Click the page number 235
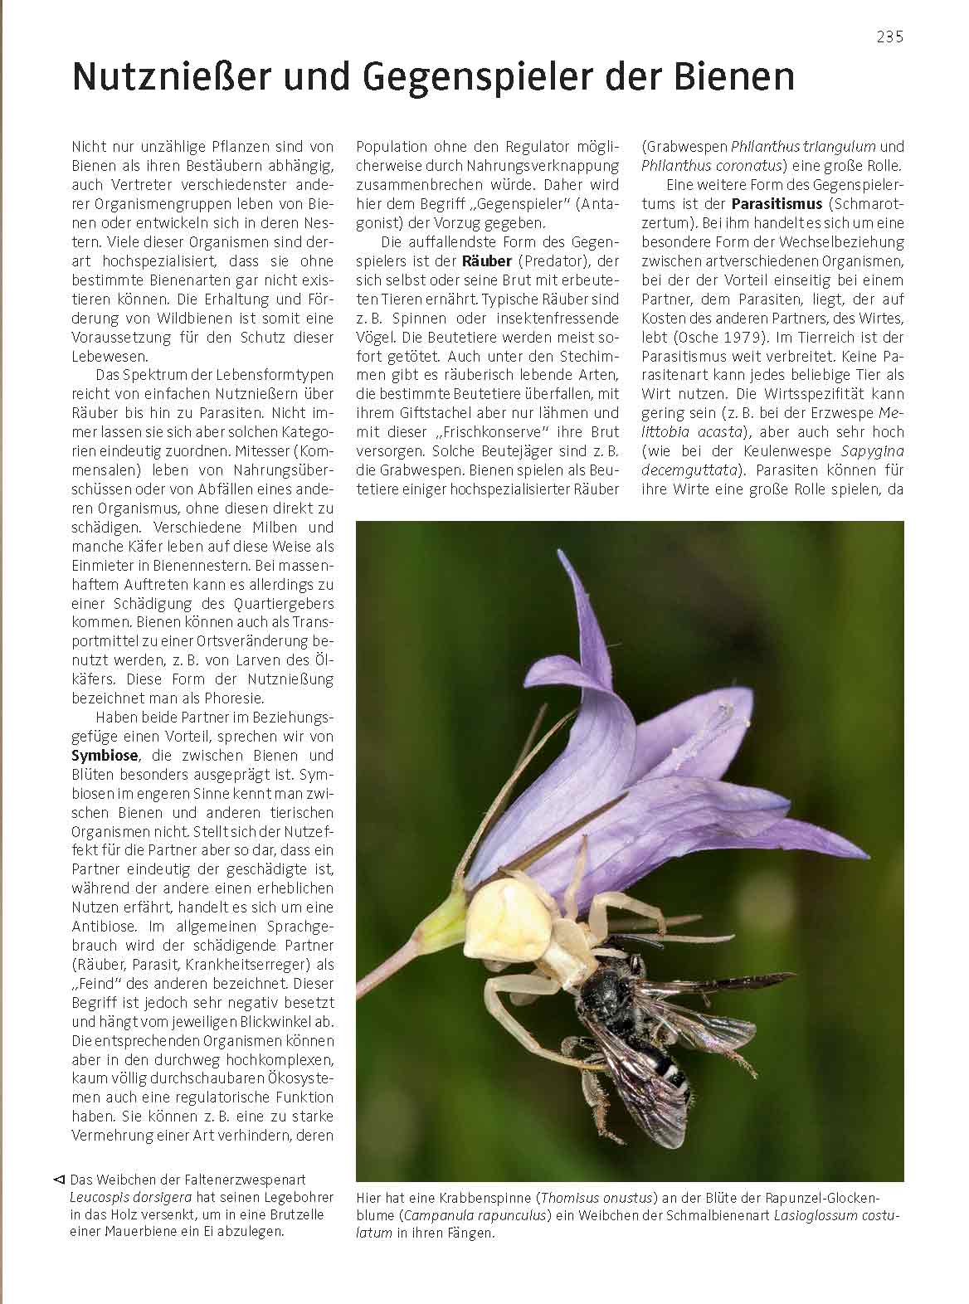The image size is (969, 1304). click(889, 36)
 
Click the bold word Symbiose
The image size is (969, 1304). click(104, 756)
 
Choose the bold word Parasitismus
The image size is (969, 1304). click(777, 203)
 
